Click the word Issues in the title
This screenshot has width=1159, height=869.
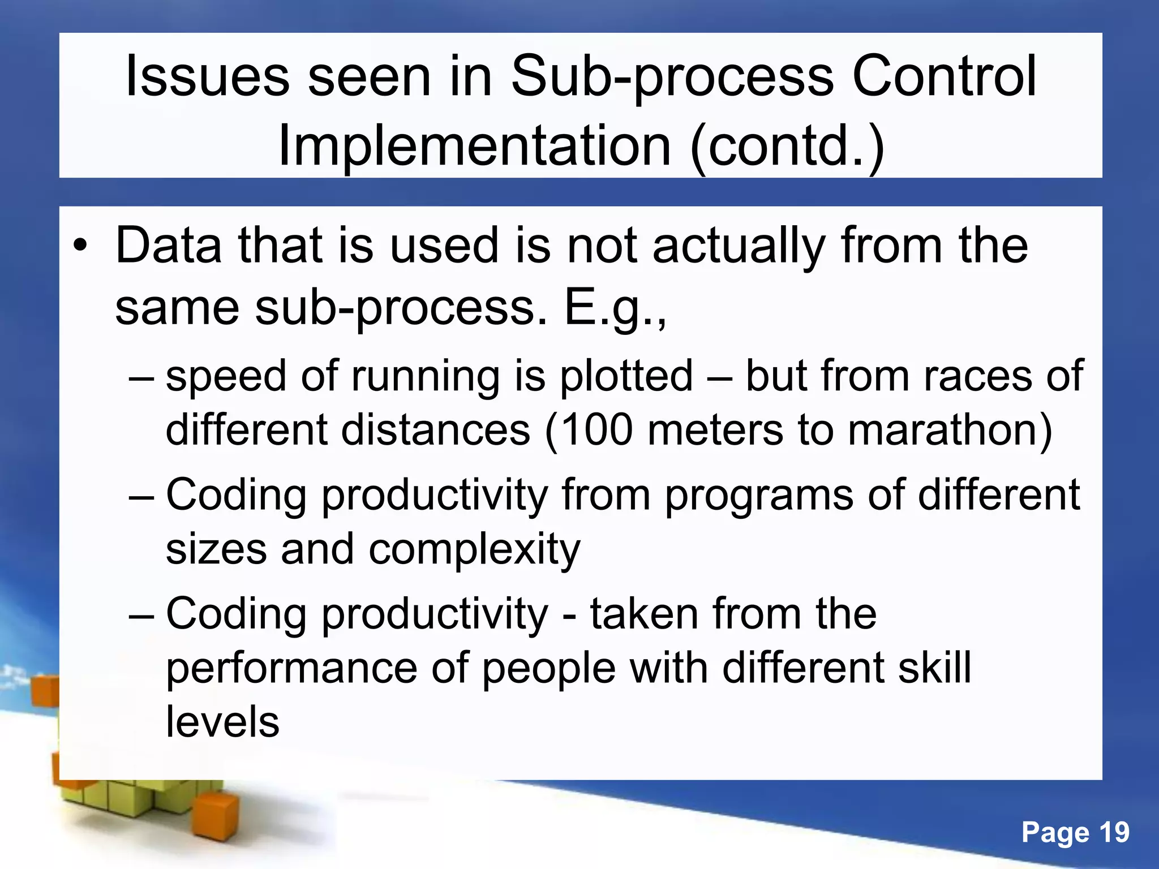click(207, 76)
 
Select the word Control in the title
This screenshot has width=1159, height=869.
click(944, 76)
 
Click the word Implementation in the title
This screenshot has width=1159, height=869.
click(474, 147)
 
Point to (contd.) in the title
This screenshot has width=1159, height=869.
click(787, 148)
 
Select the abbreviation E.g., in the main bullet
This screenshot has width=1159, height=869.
click(616, 308)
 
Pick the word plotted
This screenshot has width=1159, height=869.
click(626, 376)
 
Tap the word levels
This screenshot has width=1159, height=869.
click(222, 722)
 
